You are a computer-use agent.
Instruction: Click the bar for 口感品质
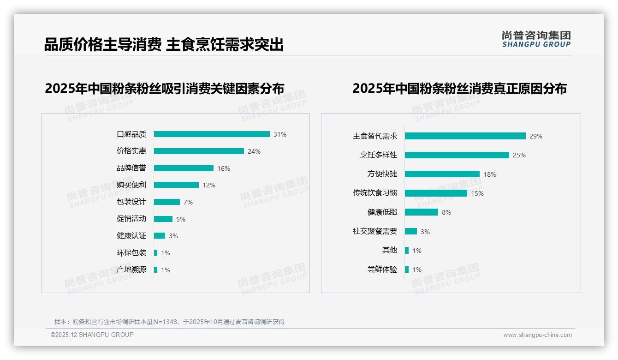tap(212, 134)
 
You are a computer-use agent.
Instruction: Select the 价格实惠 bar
tap(199, 151)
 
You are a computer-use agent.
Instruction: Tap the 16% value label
tap(224, 168)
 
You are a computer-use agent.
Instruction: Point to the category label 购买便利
tap(131, 185)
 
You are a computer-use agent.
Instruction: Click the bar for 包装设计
tap(166, 202)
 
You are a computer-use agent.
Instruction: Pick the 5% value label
tap(181, 219)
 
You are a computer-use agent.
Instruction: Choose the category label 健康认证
tap(131, 236)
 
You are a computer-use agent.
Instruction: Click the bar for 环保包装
tap(156, 253)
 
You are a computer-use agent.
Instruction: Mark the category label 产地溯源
tap(131, 270)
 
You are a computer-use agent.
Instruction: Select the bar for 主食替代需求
tap(465, 136)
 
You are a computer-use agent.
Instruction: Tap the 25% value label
tap(519, 155)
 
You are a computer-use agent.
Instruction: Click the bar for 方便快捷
tap(442, 174)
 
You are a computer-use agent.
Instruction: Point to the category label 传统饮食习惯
tap(375, 193)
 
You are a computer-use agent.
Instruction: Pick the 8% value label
tap(446, 212)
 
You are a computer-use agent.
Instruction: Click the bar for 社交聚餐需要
tap(411, 231)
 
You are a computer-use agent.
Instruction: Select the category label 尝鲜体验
tap(382, 270)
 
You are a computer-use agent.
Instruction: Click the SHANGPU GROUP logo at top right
tap(536, 39)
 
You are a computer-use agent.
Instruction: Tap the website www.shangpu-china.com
tap(537, 335)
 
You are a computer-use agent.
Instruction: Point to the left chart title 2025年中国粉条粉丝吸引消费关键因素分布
tap(165, 88)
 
